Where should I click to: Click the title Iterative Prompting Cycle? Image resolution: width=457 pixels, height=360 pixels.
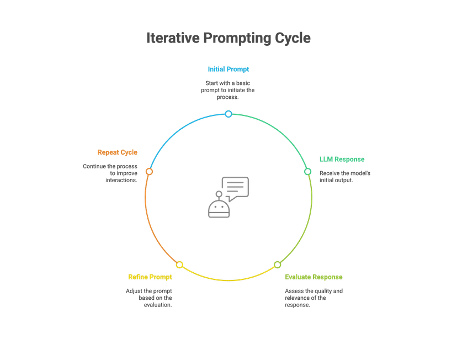pos(228,38)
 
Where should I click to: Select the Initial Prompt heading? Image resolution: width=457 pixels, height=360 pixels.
pos(228,69)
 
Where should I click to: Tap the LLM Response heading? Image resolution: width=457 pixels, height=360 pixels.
pos(342,159)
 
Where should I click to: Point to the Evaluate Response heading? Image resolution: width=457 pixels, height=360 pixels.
pos(313,277)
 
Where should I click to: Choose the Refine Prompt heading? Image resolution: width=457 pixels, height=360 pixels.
pos(150,277)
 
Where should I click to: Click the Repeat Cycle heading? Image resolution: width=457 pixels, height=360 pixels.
pos(117,152)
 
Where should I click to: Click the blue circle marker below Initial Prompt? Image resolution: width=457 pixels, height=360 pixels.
pos(228,114)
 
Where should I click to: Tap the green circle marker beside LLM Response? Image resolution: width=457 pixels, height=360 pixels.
pos(308,171)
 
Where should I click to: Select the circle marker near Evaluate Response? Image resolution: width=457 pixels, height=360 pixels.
pos(278,265)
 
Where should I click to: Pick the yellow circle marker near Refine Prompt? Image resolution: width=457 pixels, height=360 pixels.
pos(179,265)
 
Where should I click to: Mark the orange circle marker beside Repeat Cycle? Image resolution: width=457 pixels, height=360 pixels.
pos(148,172)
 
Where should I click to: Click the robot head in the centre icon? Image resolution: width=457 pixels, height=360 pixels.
pos(219,209)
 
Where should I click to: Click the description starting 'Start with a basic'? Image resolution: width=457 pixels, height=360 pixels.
pos(228,89)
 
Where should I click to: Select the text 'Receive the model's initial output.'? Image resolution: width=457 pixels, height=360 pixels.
pos(344,177)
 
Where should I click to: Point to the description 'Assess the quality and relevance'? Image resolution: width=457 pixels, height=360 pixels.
pos(313,298)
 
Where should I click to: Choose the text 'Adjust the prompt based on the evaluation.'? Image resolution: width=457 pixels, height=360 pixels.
pos(148,298)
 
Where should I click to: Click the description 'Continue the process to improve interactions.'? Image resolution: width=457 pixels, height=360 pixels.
pos(110,173)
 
